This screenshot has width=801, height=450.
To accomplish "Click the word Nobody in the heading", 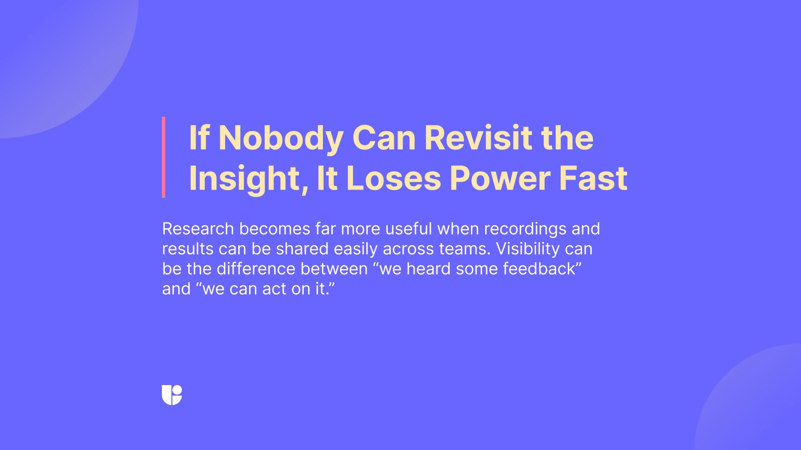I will pyautogui.click(x=280, y=138).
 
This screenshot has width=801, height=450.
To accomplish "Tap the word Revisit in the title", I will pyautogui.click(x=478, y=138).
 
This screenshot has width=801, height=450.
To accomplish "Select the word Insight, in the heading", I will pyautogui.click(x=248, y=179).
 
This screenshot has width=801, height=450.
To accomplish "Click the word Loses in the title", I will pyautogui.click(x=393, y=179).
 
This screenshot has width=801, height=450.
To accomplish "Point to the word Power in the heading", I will pyautogui.click(x=499, y=179).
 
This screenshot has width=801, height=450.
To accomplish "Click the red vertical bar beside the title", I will pyautogui.click(x=164, y=157).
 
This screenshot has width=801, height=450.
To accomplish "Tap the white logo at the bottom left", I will pyautogui.click(x=172, y=395).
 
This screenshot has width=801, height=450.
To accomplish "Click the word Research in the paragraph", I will pyautogui.click(x=198, y=229).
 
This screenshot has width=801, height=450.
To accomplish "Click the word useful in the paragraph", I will pyautogui.click(x=408, y=229).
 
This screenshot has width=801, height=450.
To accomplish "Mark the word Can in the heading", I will pyautogui.click(x=384, y=138).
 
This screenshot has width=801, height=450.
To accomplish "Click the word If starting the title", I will pyautogui.click(x=199, y=138).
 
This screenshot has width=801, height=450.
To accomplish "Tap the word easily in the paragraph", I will pyautogui.click(x=355, y=249).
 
